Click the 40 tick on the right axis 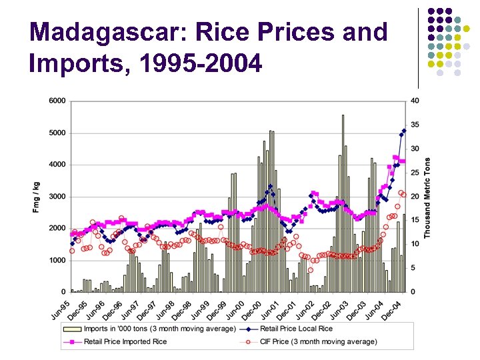[x=415, y=101]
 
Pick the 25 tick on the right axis [x=415, y=173]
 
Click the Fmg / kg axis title [x=35, y=197]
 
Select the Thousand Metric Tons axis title [x=427, y=197]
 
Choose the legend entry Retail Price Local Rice [x=296, y=329]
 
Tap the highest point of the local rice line [x=404, y=130]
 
